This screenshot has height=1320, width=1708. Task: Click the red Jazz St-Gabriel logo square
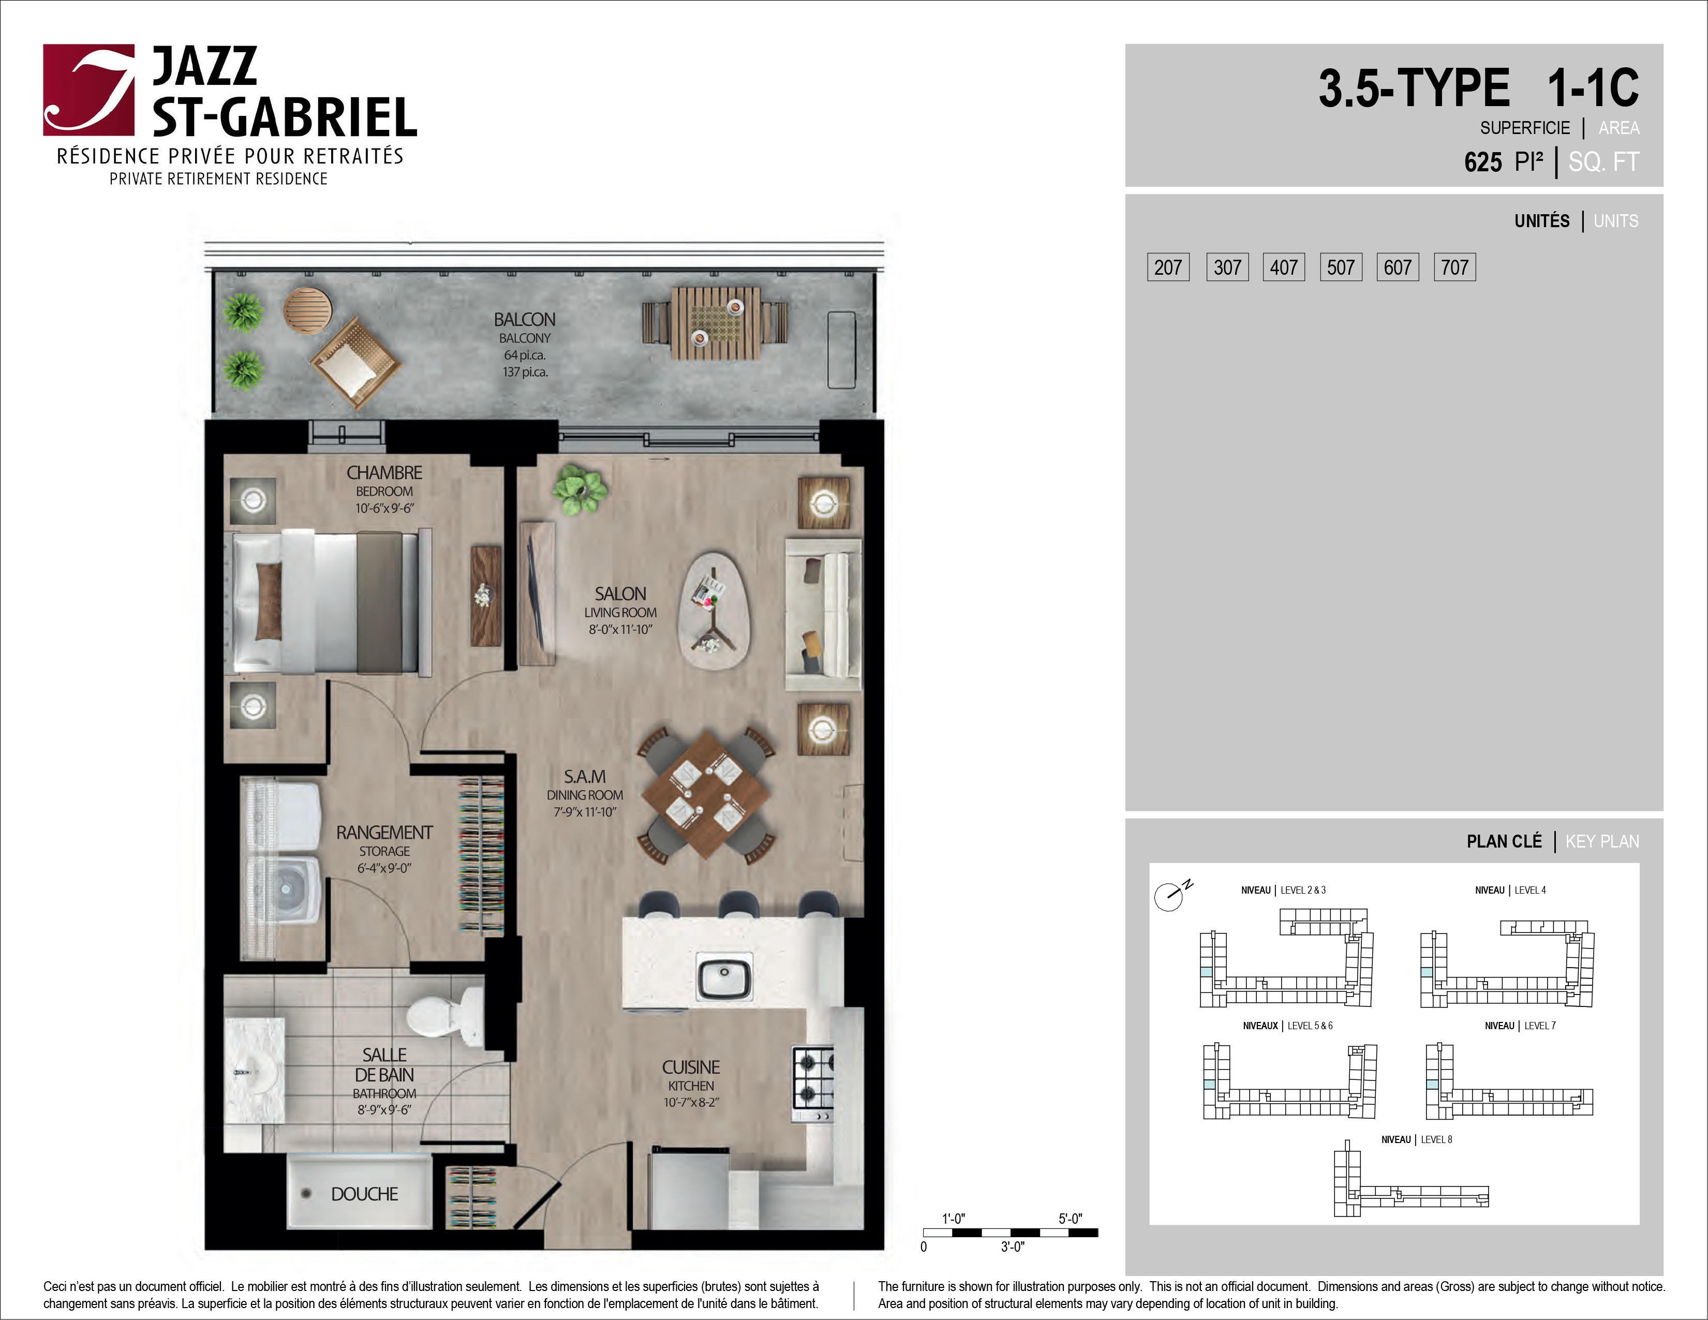pos(88,90)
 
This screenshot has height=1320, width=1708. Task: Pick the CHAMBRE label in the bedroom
pos(384,473)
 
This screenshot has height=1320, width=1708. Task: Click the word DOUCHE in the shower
pos(364,1194)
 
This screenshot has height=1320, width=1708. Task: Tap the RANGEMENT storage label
pos(384,833)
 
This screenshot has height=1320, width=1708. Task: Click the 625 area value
pos(1483,162)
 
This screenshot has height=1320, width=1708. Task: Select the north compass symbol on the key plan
pos(1170,895)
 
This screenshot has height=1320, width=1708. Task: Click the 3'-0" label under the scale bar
pos(1013,1247)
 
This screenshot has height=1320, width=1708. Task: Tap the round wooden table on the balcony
pos(307,310)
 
